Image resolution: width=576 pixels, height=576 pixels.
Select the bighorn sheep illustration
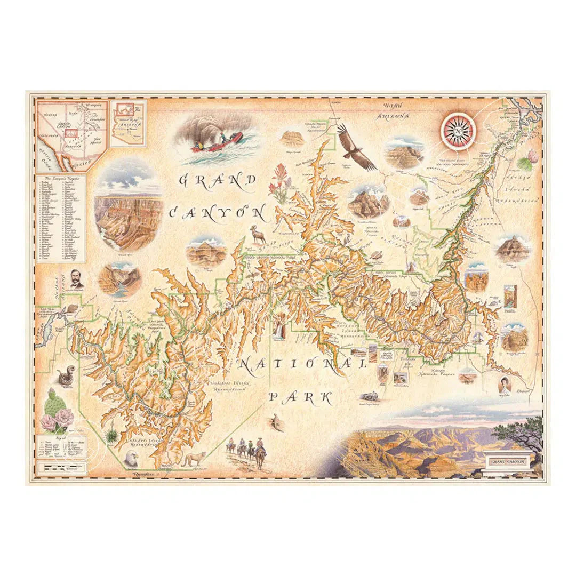pos(257,233)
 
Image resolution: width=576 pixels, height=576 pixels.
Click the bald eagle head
pos(131,458)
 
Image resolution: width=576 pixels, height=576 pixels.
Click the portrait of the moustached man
pos(76,278)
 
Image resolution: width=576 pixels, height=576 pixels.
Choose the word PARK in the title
pos(300,397)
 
